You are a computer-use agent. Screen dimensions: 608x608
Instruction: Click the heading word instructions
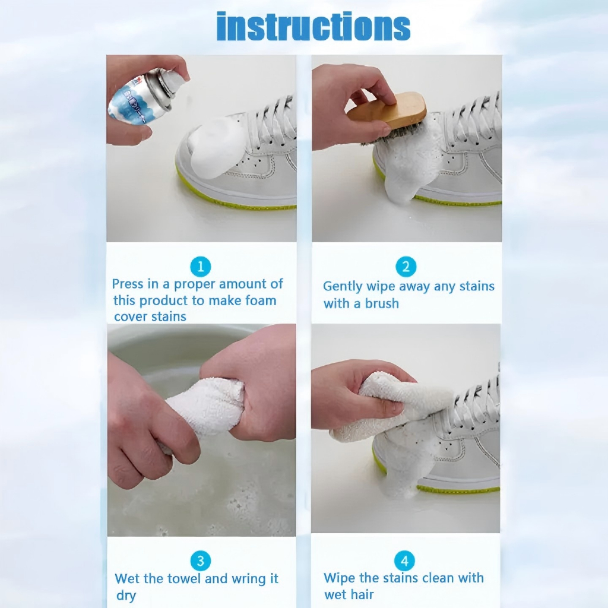[313, 26]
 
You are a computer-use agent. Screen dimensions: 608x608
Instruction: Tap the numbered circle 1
[201, 267]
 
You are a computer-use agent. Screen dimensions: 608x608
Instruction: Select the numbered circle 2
[406, 267]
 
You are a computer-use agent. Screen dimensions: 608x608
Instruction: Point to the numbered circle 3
[201, 561]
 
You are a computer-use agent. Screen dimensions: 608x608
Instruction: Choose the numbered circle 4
[404, 561]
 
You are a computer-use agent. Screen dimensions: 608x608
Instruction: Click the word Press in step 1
[128, 284]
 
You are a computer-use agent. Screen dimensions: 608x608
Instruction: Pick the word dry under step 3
[126, 596]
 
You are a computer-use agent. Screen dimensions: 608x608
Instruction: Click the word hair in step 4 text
[363, 594]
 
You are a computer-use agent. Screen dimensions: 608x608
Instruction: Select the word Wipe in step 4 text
[340, 578]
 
